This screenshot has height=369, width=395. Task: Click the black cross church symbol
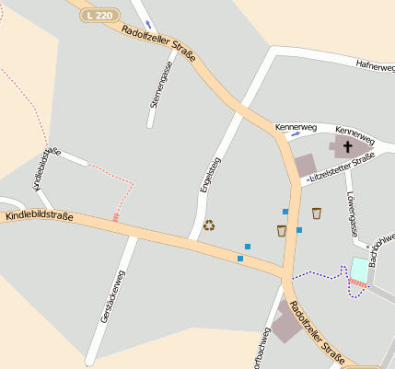(348, 146)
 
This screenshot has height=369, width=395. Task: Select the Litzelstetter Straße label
(343, 168)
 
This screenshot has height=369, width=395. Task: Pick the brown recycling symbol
(209, 224)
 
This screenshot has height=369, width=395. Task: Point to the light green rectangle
(358, 270)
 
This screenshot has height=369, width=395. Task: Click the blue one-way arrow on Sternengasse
(148, 25)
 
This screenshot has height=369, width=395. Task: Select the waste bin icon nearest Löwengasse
(317, 213)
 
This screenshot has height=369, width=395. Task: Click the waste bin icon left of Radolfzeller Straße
(281, 230)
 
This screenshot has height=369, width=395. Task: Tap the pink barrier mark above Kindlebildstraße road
(115, 217)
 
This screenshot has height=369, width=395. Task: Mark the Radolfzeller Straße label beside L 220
(158, 44)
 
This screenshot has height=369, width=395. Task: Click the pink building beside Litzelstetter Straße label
(305, 166)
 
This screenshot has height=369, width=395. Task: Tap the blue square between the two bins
(299, 230)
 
